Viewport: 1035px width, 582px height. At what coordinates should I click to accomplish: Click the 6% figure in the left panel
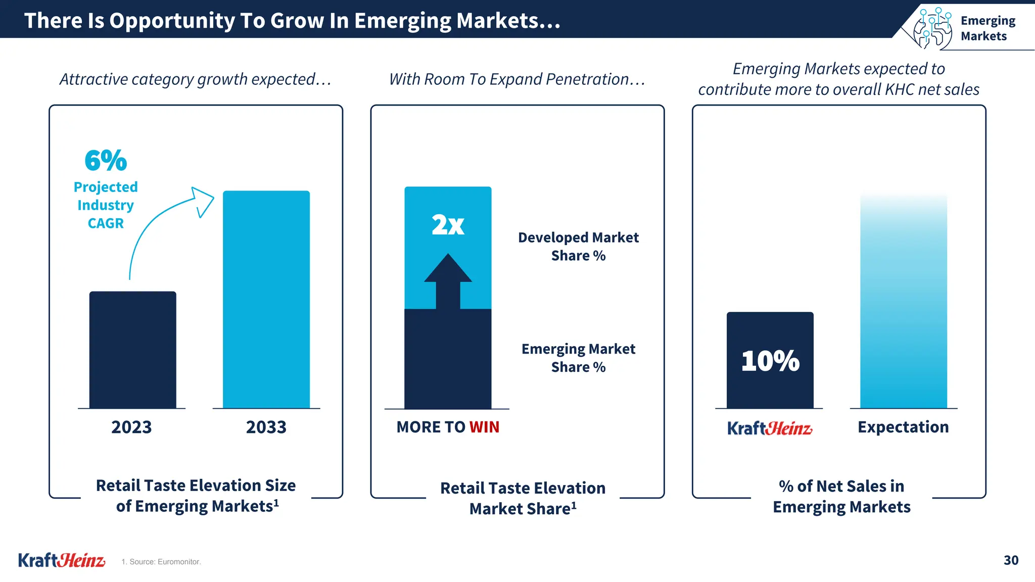click(x=106, y=161)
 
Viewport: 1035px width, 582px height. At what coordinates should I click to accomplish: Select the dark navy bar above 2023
click(x=133, y=350)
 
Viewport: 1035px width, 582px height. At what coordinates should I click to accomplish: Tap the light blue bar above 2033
click(x=266, y=299)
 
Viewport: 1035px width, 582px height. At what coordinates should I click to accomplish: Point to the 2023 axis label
click(x=131, y=427)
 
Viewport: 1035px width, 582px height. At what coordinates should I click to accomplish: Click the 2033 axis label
click(x=266, y=427)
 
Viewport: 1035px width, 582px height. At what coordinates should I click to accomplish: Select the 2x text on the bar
click(x=448, y=225)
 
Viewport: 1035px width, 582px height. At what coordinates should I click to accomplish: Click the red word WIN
click(x=484, y=427)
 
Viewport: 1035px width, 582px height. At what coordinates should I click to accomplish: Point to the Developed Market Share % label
click(x=578, y=247)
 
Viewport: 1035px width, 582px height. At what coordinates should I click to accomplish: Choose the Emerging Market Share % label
click(x=578, y=358)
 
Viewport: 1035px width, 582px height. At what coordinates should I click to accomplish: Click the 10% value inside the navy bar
click(x=770, y=361)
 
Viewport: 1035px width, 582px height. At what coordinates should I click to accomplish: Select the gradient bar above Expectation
click(x=904, y=303)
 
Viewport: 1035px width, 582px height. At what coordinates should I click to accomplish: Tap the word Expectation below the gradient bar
click(x=903, y=427)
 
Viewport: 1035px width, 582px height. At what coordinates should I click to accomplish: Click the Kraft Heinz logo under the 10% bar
click(x=770, y=428)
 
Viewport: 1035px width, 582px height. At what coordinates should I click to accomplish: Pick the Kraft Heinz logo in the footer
click(x=62, y=560)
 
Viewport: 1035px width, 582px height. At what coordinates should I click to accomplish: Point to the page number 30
click(x=1011, y=560)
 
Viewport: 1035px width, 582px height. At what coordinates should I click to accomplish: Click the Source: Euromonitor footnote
click(x=161, y=562)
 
